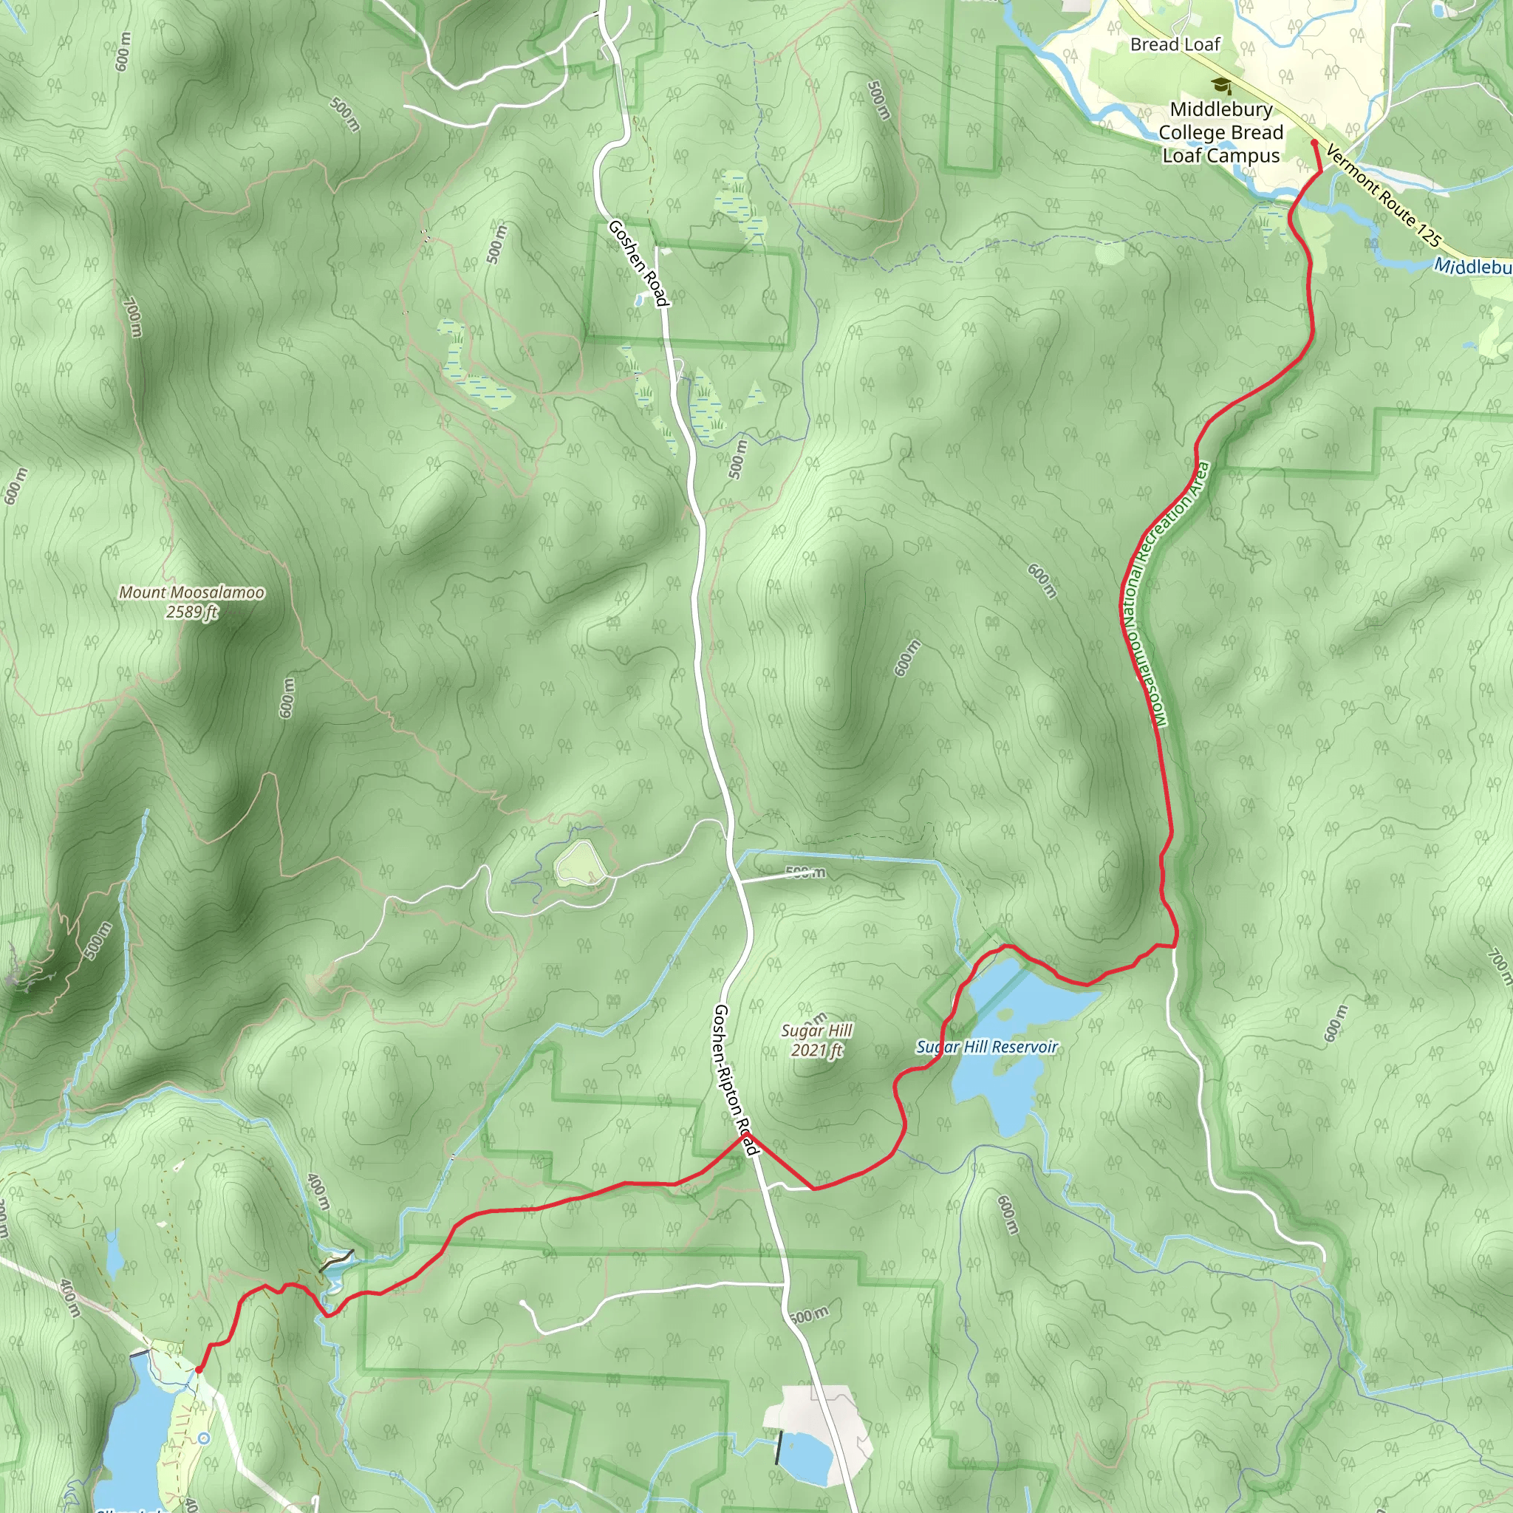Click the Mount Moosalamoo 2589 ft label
click(191, 602)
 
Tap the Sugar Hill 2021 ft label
click(816, 1040)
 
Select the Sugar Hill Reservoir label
click(987, 1047)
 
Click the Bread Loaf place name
click(1175, 44)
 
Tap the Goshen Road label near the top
click(638, 263)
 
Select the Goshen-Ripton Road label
click(735, 1080)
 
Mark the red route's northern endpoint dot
click(1314, 143)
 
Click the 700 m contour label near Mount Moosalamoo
click(132, 316)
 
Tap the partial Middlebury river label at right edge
click(1472, 267)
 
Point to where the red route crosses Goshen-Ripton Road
click(745, 1134)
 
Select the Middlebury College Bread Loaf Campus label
click(1220, 132)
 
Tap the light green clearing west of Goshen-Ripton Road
click(579, 864)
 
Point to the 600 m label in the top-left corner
click(123, 52)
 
